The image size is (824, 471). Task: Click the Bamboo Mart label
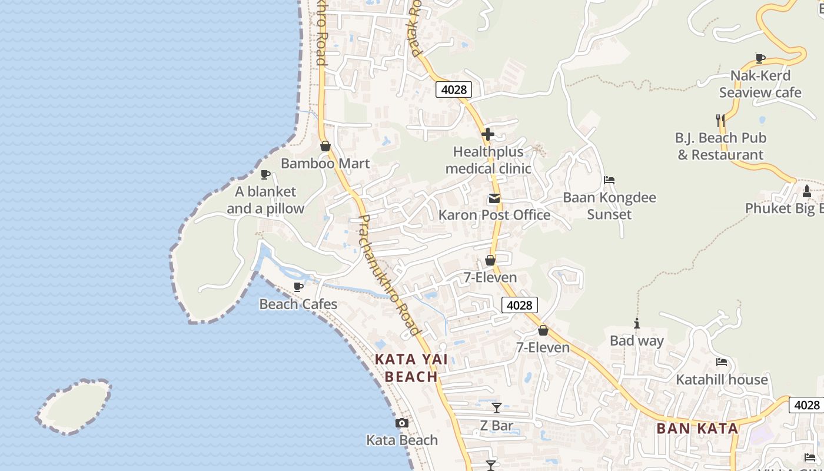point(325,164)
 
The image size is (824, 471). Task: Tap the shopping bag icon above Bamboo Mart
point(325,146)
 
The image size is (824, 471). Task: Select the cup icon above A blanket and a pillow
point(265,174)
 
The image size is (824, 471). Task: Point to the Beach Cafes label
point(298,304)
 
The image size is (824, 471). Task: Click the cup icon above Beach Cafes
point(298,287)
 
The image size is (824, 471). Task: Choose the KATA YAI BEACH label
point(411,368)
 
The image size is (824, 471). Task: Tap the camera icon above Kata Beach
point(402,423)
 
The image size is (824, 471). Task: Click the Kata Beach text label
point(402,440)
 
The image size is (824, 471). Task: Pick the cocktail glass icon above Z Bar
point(497,407)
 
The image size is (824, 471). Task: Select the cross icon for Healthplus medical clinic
point(487,134)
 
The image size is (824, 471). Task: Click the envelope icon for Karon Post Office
point(494,198)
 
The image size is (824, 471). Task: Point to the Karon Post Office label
point(494,215)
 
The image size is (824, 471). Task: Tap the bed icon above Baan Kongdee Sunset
point(609,180)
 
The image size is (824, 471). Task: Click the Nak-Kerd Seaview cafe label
point(760,84)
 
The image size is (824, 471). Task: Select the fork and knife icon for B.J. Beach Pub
point(720,121)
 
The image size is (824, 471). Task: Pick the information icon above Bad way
point(636,323)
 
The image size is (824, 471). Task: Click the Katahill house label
point(722,380)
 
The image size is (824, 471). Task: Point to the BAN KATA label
point(697,429)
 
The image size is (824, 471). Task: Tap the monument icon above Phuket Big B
point(807,191)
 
